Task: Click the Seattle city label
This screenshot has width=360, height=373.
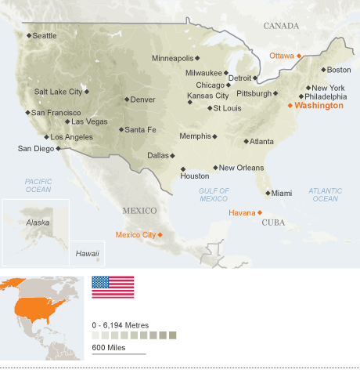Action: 45,35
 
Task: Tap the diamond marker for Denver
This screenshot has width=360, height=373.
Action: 126,100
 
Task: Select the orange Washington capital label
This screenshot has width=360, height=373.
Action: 319,105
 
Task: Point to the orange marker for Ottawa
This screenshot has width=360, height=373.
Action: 299,56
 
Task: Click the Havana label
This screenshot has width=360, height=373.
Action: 241,212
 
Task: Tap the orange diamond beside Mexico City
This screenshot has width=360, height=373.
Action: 160,234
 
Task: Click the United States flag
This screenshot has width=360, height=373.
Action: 113,287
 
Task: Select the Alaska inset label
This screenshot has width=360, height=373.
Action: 38,223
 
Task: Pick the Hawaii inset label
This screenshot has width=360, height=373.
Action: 87,254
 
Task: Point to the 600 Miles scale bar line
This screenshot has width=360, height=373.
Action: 118,354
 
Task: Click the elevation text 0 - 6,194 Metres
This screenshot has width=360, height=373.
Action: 120,324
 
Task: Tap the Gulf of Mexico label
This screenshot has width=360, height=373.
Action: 214,194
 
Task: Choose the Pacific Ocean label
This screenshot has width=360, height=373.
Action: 38,185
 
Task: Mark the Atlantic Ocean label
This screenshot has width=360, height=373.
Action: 325,194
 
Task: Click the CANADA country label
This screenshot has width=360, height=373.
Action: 281,26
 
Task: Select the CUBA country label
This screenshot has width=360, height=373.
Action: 273,223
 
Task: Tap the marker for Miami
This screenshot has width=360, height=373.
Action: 268,193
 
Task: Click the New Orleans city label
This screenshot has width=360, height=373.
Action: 241,168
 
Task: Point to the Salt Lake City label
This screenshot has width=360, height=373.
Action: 58,92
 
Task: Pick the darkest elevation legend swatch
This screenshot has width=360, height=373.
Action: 172,335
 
